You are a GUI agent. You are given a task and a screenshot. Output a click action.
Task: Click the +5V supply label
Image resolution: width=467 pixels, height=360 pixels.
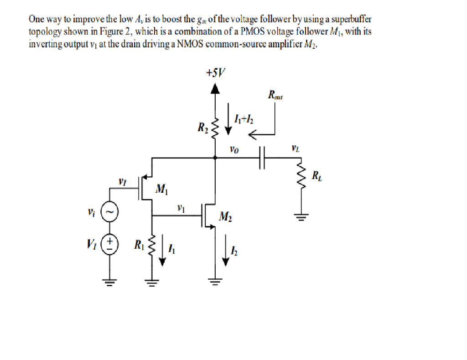coord(216,73)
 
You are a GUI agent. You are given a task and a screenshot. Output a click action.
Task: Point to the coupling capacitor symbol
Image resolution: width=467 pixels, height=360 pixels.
coord(261,158)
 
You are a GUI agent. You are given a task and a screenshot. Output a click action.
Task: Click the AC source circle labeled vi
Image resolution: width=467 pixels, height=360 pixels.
coord(109,211)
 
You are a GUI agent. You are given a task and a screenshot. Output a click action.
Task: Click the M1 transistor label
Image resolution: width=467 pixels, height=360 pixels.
coord(161,188)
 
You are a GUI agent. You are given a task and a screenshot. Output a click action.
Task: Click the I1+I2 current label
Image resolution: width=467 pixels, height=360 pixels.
coord(244,120)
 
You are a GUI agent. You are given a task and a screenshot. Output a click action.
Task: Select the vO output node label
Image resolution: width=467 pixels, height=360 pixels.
coord(233,149)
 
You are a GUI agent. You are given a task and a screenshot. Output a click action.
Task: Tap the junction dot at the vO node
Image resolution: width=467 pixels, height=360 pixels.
coord(216,158)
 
